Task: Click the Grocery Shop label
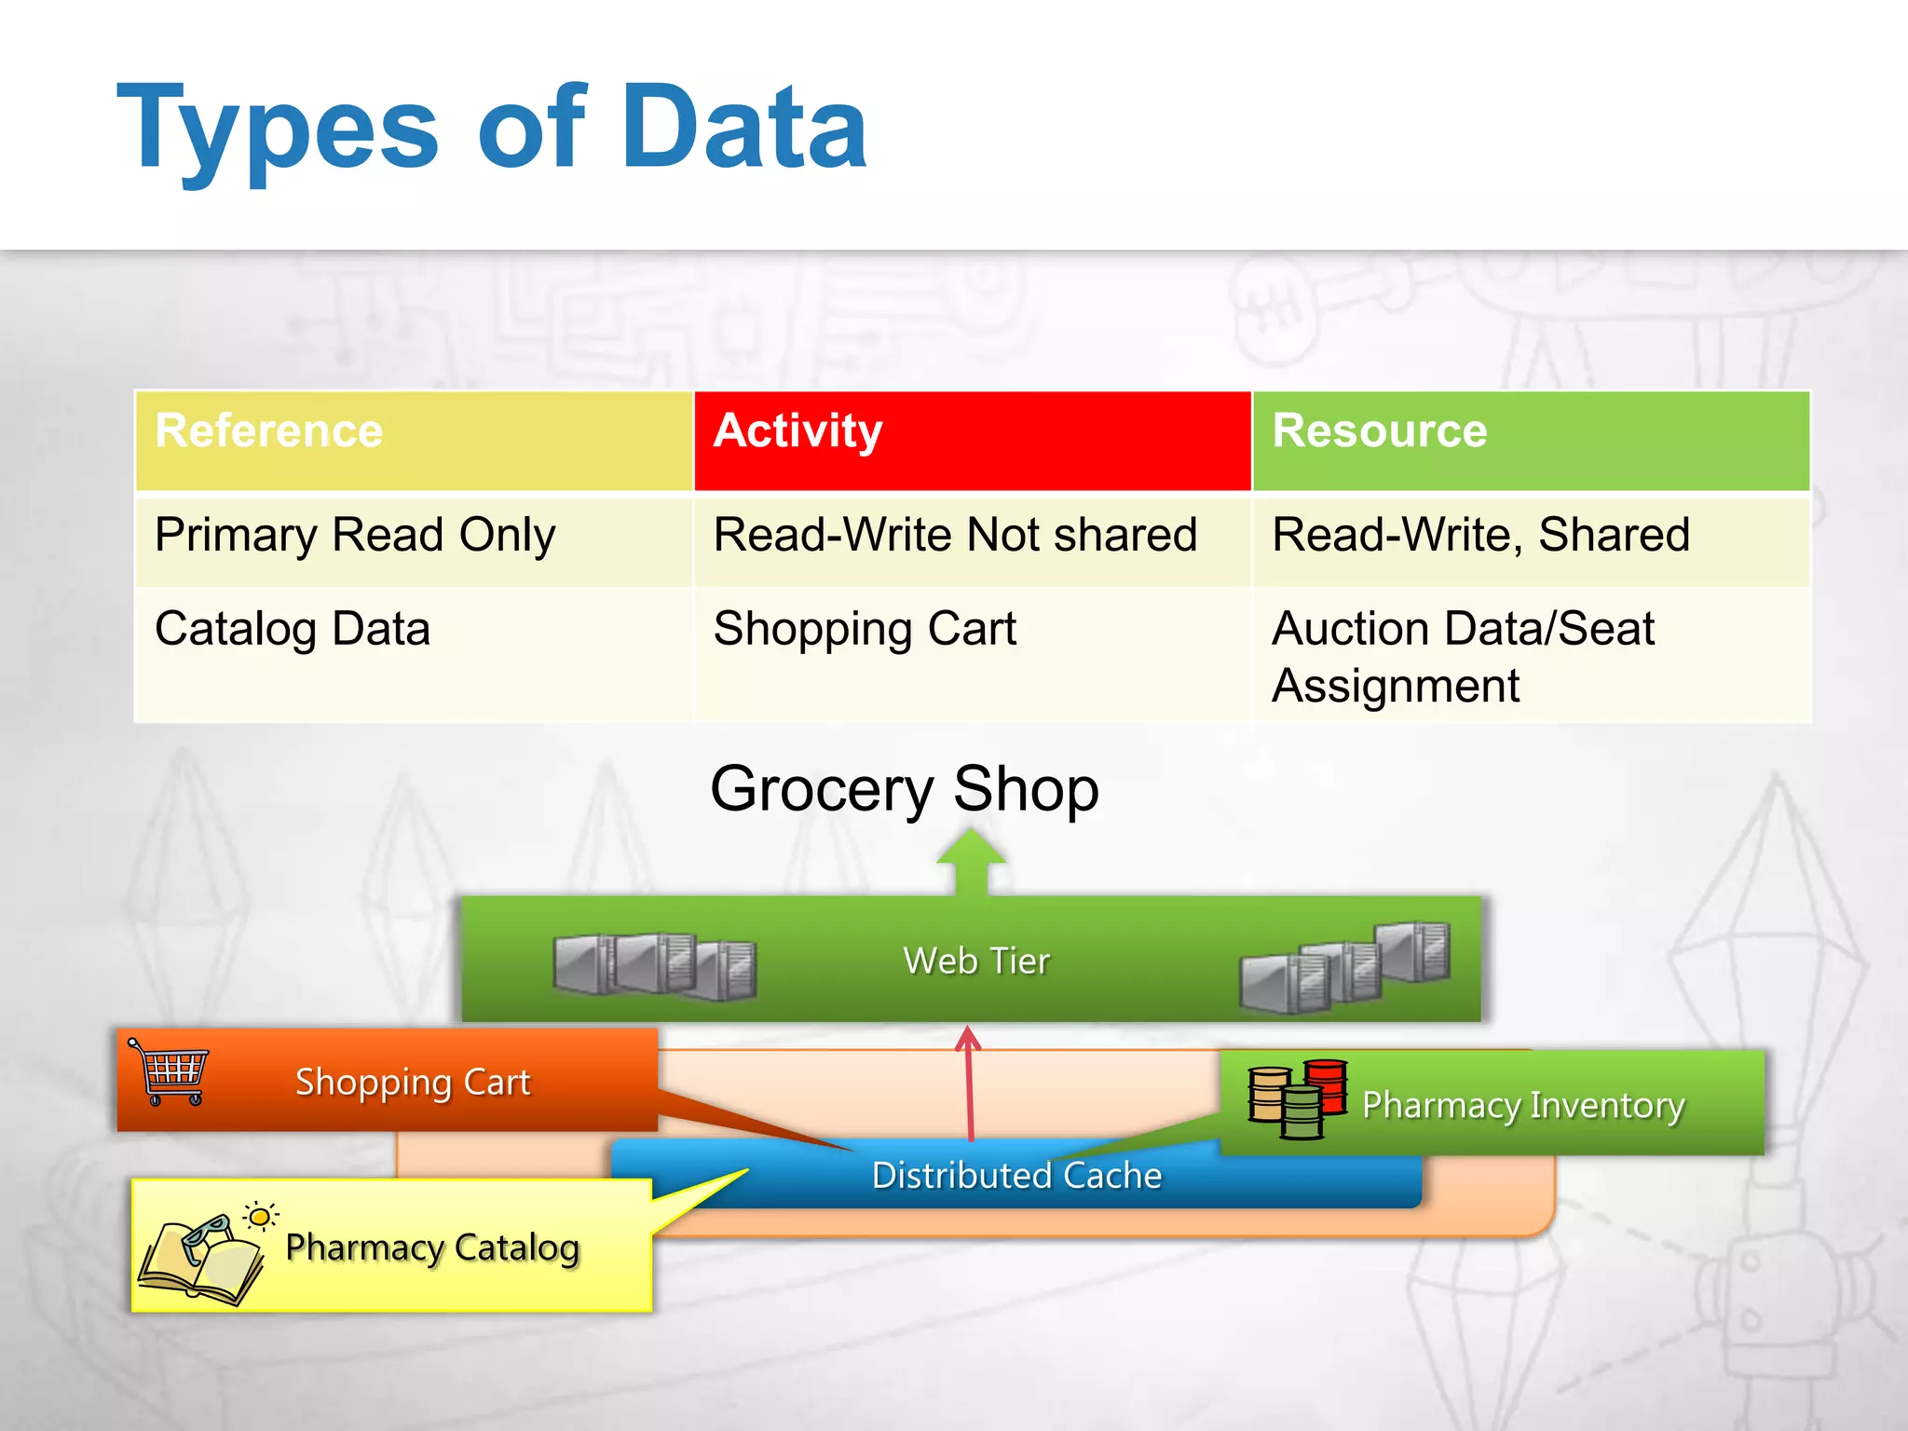click(905, 789)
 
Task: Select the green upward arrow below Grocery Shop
click(971, 862)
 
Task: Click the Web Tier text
click(976, 961)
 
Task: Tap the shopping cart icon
click(170, 1071)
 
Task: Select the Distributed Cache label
click(1016, 1176)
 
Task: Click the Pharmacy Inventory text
click(1523, 1106)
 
